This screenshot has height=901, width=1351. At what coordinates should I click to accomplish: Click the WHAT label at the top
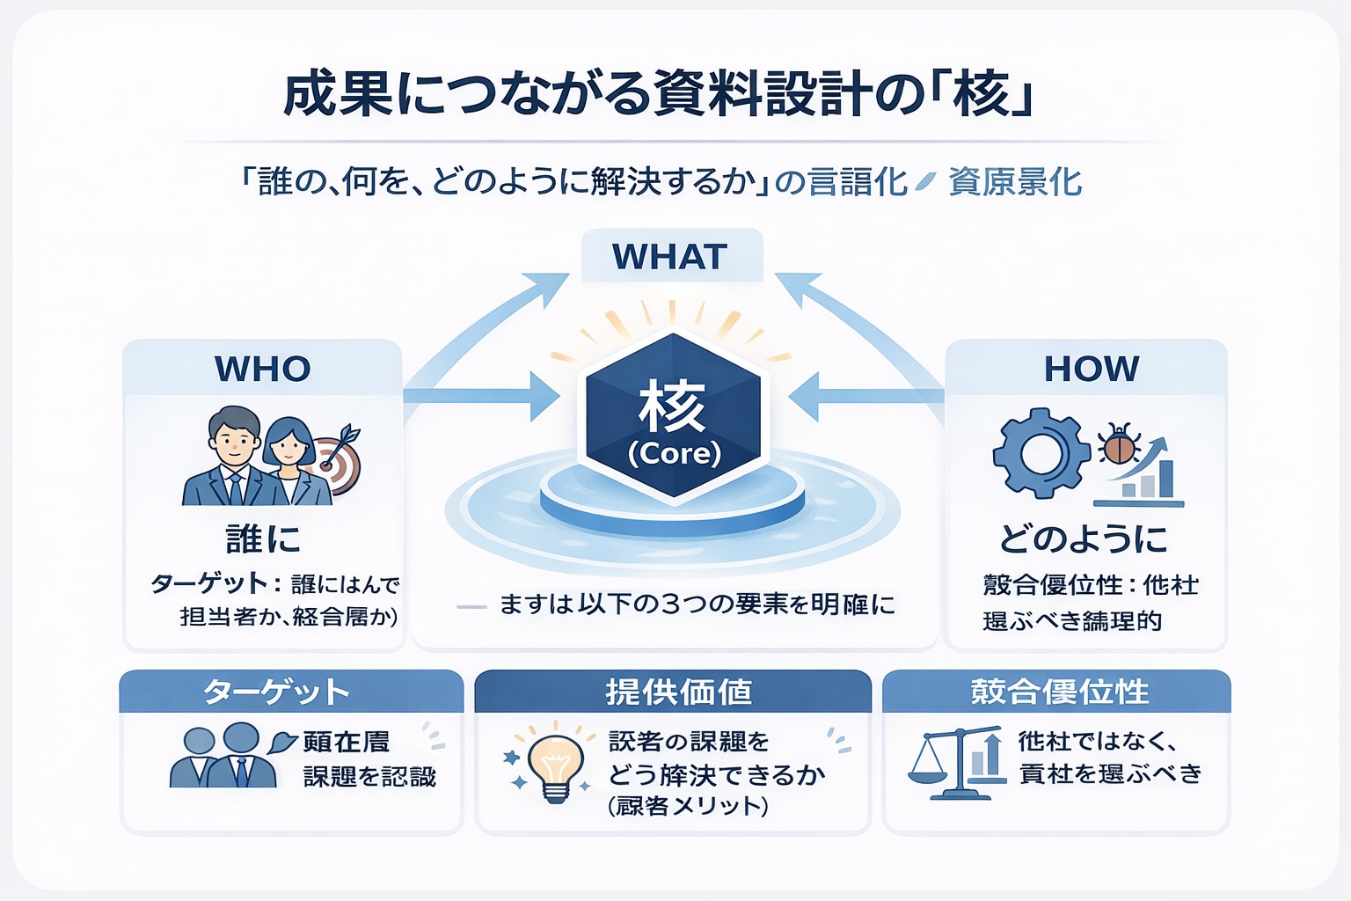(x=670, y=256)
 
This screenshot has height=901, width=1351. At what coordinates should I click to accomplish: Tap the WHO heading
(x=262, y=369)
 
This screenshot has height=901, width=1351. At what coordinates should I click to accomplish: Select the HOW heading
(x=1091, y=369)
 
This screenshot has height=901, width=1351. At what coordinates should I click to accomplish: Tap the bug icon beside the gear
(x=1119, y=443)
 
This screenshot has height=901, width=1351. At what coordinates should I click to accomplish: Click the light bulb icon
(x=554, y=763)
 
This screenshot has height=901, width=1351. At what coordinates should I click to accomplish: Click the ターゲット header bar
(x=290, y=692)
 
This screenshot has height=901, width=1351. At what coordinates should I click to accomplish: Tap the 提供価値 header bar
(x=673, y=692)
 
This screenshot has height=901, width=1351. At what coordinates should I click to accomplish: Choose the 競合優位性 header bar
(x=1056, y=692)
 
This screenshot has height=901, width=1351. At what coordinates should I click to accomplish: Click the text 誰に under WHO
(x=262, y=538)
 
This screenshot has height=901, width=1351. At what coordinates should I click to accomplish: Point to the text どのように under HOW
(x=1084, y=538)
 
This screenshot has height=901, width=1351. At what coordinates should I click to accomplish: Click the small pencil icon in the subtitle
(x=924, y=182)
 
